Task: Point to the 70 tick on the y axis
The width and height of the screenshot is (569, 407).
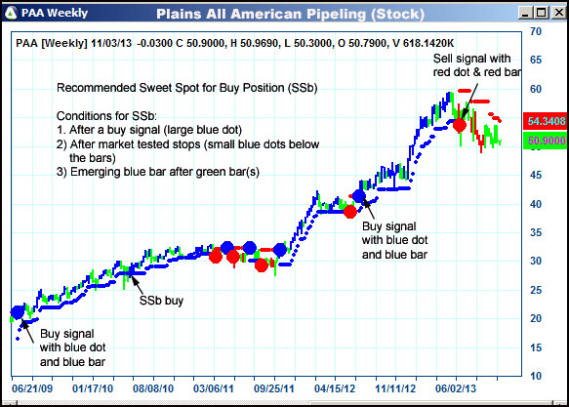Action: click(536, 31)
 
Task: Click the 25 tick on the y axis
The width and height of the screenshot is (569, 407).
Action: click(536, 290)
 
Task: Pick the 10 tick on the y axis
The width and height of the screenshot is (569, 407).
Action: click(536, 376)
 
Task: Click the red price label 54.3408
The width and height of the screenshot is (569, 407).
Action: click(545, 122)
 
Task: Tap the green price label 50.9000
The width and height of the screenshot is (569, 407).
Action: click(545, 142)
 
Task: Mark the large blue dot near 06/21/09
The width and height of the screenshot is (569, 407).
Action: click(19, 312)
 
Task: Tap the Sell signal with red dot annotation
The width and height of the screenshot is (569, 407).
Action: click(478, 67)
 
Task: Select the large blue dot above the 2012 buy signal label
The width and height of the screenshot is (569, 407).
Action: click(359, 196)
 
